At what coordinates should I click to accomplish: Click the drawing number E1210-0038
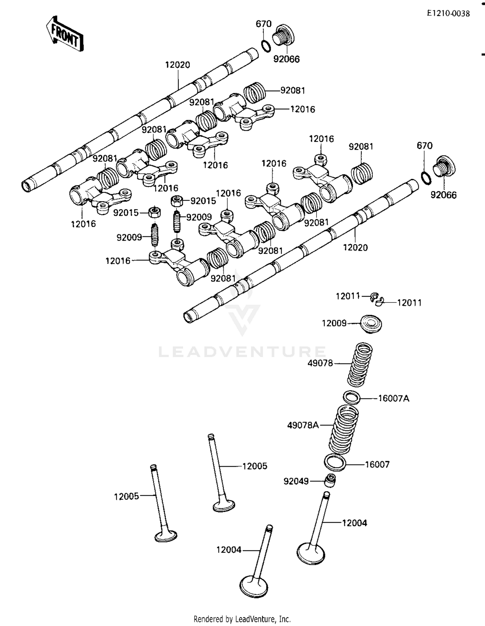448,13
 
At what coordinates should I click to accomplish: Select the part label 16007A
393,398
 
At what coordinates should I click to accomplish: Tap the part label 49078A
303,425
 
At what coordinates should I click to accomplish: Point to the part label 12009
334,323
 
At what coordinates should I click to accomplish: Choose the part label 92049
296,481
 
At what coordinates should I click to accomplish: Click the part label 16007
377,465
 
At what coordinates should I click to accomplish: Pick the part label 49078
320,363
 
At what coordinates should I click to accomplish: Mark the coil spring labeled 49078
360,364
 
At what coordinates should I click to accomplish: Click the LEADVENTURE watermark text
242,352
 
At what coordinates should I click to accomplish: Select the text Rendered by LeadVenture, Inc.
242,619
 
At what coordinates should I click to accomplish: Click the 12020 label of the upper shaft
178,65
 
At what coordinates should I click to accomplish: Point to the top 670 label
264,24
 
